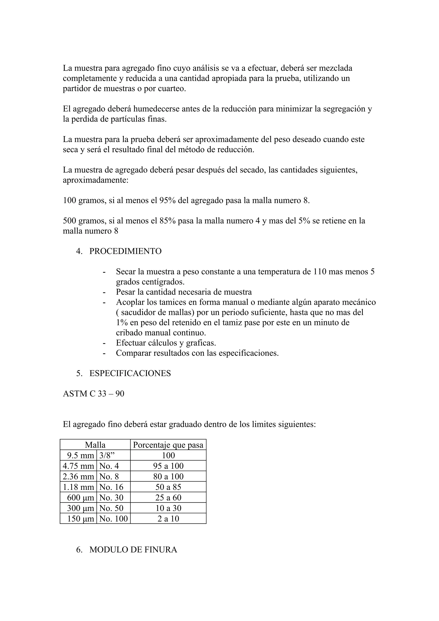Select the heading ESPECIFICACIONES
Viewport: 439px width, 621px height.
(x=130, y=373)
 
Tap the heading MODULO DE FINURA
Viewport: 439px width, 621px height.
(x=133, y=550)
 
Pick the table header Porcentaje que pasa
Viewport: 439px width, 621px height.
(x=168, y=445)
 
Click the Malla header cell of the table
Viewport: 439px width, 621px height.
(x=95, y=445)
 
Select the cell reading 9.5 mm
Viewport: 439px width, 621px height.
(x=80, y=456)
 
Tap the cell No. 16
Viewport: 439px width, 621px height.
(x=111, y=487)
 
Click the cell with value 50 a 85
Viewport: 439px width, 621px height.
(x=168, y=487)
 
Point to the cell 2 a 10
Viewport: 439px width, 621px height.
(x=168, y=519)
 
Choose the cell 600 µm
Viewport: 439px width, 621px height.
(x=80, y=498)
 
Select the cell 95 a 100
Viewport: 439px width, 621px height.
(x=168, y=466)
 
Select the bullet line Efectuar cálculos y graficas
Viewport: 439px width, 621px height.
(x=166, y=343)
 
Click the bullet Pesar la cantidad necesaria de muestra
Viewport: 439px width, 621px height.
(x=184, y=292)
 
